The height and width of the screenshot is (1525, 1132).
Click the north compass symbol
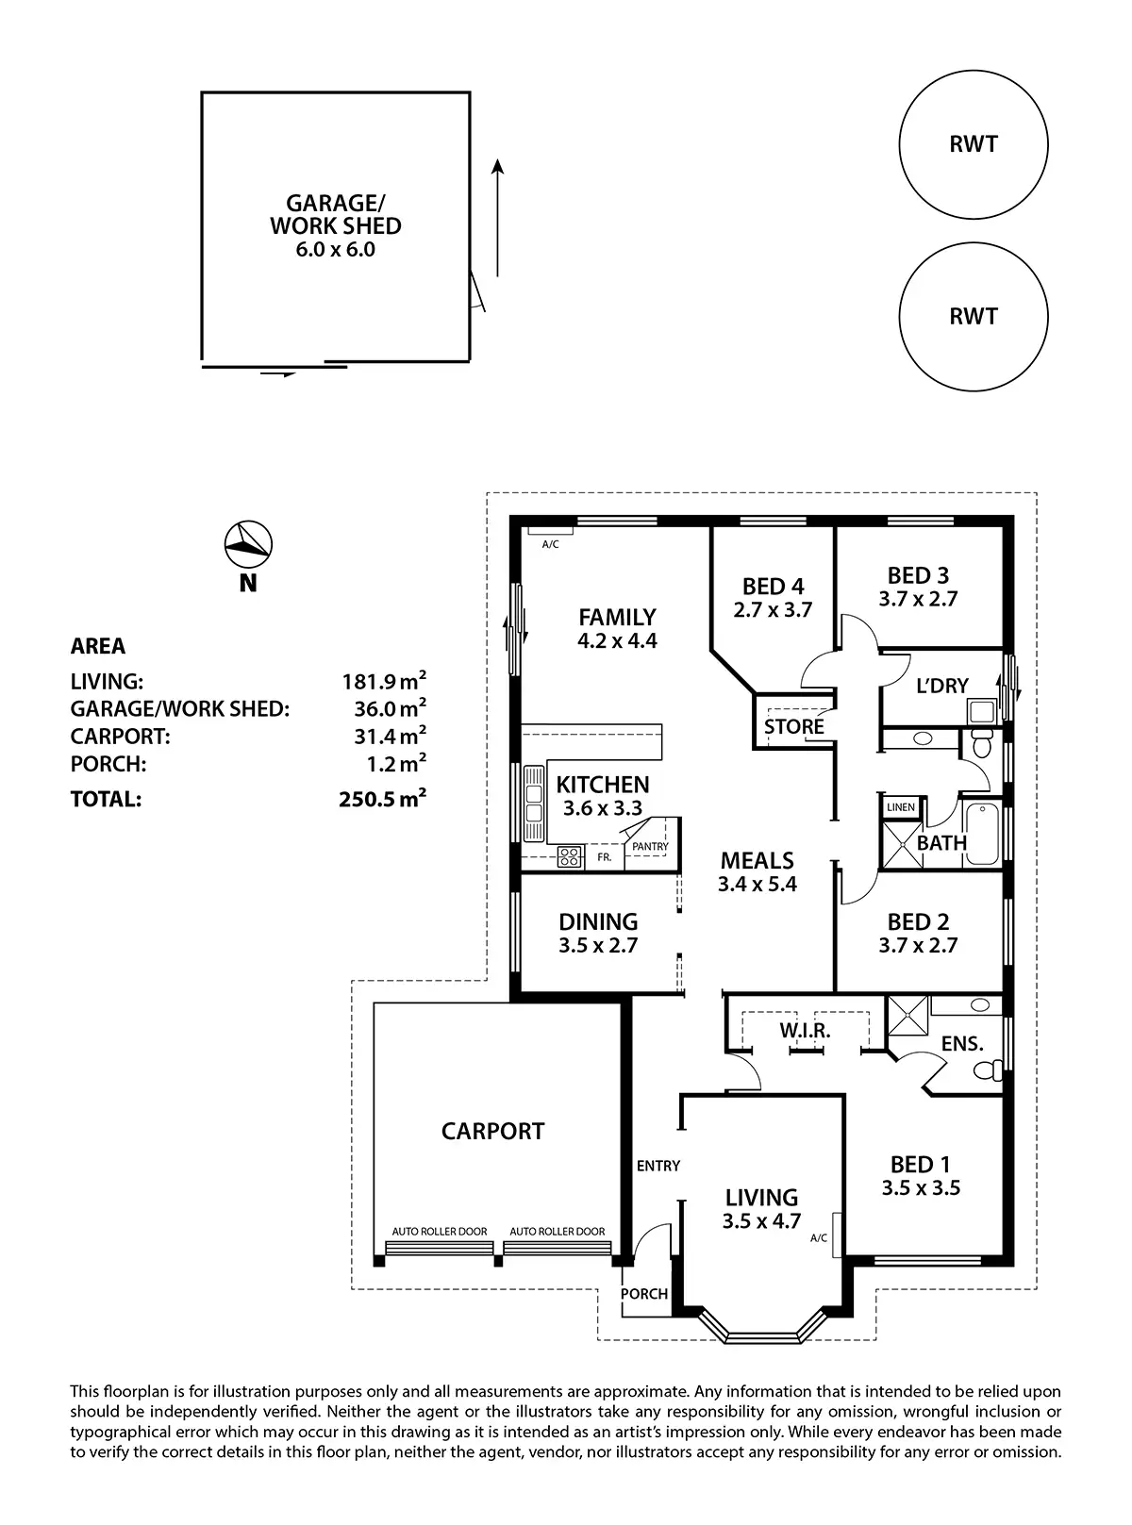click(248, 541)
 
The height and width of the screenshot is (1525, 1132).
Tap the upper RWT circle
click(973, 145)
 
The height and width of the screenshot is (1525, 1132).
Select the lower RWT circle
click(973, 316)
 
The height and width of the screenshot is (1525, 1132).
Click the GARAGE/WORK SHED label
click(336, 215)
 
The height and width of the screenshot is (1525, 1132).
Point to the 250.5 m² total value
click(382, 800)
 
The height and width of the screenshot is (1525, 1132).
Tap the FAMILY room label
click(617, 618)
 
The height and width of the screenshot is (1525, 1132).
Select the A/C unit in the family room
click(549, 533)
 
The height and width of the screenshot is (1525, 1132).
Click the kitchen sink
click(534, 802)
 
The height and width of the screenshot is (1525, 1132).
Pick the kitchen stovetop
click(570, 856)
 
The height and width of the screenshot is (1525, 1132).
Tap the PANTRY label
click(650, 846)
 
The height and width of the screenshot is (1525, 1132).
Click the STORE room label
click(793, 726)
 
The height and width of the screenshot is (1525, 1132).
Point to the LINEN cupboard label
click(901, 807)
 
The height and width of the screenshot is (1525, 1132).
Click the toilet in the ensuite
click(987, 1070)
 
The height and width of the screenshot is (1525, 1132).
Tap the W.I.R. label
click(805, 1031)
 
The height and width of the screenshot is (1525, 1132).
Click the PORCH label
click(644, 1294)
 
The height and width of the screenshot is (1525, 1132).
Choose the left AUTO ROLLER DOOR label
click(440, 1232)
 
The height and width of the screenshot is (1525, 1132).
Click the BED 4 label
click(773, 587)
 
